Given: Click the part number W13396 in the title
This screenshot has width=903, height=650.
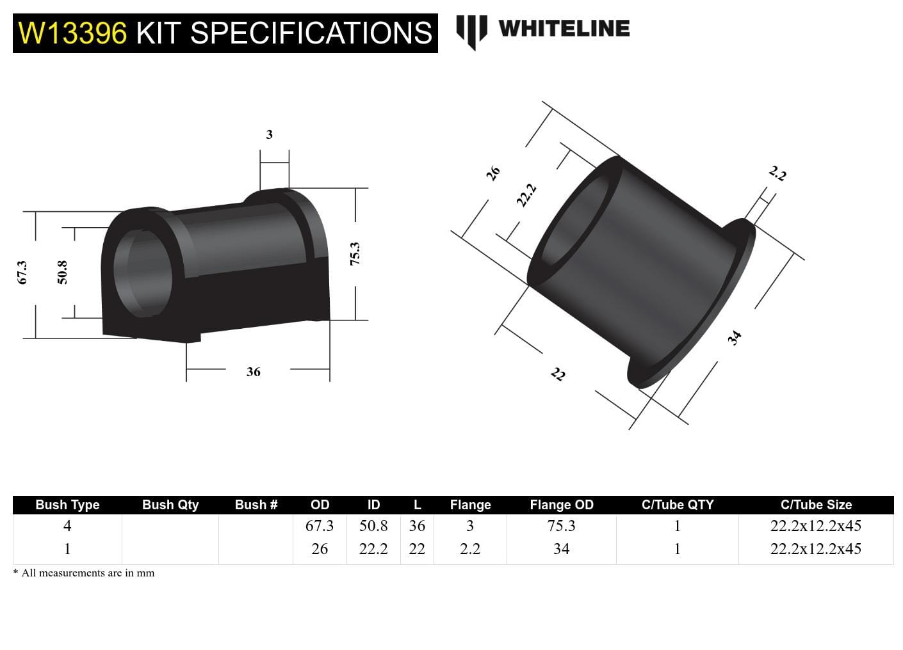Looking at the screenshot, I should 73,33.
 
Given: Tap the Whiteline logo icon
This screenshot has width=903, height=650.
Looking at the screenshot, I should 471,31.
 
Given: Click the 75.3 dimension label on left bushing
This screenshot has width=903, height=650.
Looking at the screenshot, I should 355,254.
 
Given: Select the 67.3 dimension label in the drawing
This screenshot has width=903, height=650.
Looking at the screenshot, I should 22,273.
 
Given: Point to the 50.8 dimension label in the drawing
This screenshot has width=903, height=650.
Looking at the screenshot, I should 62,273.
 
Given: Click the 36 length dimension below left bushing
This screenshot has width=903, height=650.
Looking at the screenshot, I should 254,372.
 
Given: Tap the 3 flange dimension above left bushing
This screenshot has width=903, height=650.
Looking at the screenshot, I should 269,134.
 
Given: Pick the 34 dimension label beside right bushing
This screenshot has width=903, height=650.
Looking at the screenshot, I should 735,337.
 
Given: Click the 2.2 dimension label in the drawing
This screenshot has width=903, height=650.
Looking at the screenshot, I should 777,173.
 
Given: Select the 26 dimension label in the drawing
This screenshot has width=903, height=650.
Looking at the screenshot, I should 492,173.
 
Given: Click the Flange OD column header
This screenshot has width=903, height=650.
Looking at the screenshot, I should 561,505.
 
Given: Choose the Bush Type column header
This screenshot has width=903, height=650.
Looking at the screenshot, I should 67,505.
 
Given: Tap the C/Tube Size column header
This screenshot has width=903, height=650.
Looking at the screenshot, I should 816,505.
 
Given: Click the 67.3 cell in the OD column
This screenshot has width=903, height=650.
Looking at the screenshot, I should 320,526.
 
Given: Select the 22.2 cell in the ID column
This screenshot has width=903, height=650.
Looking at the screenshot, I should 373,549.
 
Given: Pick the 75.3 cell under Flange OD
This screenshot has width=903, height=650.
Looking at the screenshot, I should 561,526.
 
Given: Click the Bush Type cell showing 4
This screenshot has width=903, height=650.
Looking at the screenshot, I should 67,526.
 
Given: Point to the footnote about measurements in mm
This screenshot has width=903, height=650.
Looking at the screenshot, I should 84,573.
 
